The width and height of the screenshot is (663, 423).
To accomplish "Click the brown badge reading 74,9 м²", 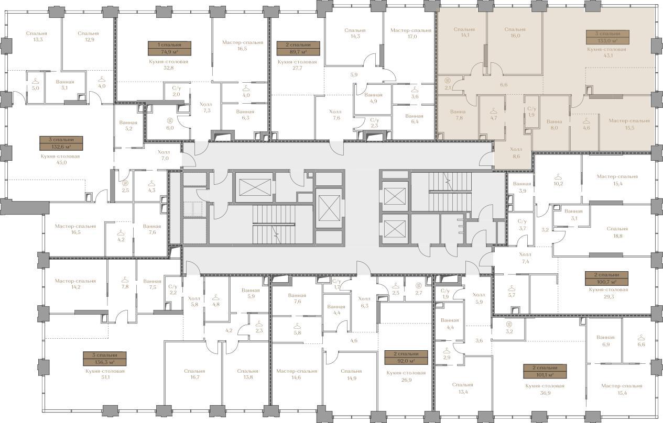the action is pyautogui.click(x=169, y=48).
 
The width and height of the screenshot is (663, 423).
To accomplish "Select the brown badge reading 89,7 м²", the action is pyautogui.click(x=298, y=48).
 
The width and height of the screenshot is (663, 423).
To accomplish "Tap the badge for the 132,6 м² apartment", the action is pyautogui.click(x=61, y=143).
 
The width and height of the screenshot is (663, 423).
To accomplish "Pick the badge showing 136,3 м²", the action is pyautogui.click(x=105, y=359).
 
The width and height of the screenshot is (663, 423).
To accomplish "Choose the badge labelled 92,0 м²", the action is pyautogui.click(x=406, y=358).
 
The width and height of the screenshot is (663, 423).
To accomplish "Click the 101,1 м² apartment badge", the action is pyautogui.click(x=545, y=371).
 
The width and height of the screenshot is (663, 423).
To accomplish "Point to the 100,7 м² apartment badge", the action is pyautogui.click(x=606, y=278).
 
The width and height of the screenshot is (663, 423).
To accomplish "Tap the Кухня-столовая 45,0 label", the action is pyautogui.click(x=60, y=159).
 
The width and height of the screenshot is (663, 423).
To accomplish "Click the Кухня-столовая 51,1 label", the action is pyautogui.click(x=105, y=374).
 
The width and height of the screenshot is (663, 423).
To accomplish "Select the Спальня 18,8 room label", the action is pyautogui.click(x=617, y=232).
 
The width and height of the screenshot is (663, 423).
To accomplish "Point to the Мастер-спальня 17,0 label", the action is pyautogui.click(x=411, y=34).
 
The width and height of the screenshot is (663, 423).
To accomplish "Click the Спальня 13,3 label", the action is pyautogui.click(x=36, y=36).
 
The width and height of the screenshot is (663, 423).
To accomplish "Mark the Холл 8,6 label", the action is pyautogui.click(x=516, y=152).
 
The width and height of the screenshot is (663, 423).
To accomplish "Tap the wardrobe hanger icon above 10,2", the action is pyautogui.click(x=558, y=177).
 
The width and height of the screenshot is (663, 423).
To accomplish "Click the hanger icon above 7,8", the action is pyautogui.click(x=125, y=280).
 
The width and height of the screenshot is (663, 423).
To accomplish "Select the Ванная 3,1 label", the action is pyautogui.click(x=573, y=215).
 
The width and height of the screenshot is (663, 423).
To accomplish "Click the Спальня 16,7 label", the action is pyautogui.click(x=194, y=374).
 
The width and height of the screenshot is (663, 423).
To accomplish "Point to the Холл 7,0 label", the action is pyautogui.click(x=164, y=155).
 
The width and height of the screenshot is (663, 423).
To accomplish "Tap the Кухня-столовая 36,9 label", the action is pyautogui.click(x=545, y=389).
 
